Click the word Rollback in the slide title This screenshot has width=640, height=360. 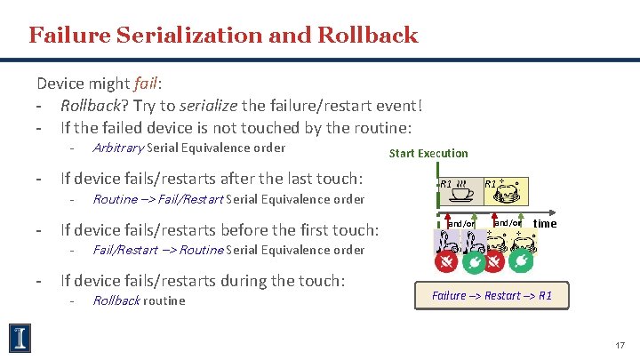(x=374, y=35)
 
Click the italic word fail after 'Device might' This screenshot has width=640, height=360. (x=145, y=84)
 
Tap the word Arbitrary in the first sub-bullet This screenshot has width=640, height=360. (x=118, y=148)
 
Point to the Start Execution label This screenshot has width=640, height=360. (x=428, y=153)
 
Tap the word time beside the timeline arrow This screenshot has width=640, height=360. (x=544, y=223)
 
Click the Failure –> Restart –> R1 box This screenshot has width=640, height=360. (x=492, y=295)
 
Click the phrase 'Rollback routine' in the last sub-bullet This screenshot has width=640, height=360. (x=139, y=300)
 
